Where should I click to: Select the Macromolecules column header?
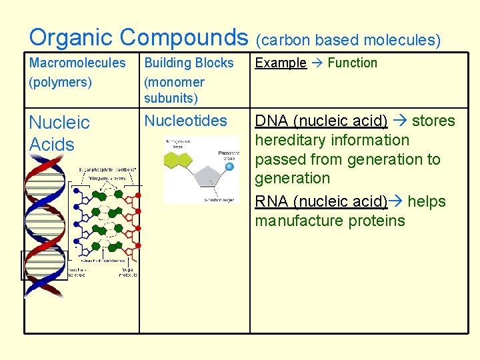click(x=77, y=63)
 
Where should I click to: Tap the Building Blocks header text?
click(x=189, y=63)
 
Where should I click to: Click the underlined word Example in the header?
click(x=281, y=63)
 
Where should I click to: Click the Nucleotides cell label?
click(x=185, y=121)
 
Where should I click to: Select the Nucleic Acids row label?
click(x=59, y=133)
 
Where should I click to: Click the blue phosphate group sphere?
click(x=229, y=166)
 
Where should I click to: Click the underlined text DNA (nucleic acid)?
click(x=321, y=121)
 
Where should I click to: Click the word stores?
click(x=433, y=121)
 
